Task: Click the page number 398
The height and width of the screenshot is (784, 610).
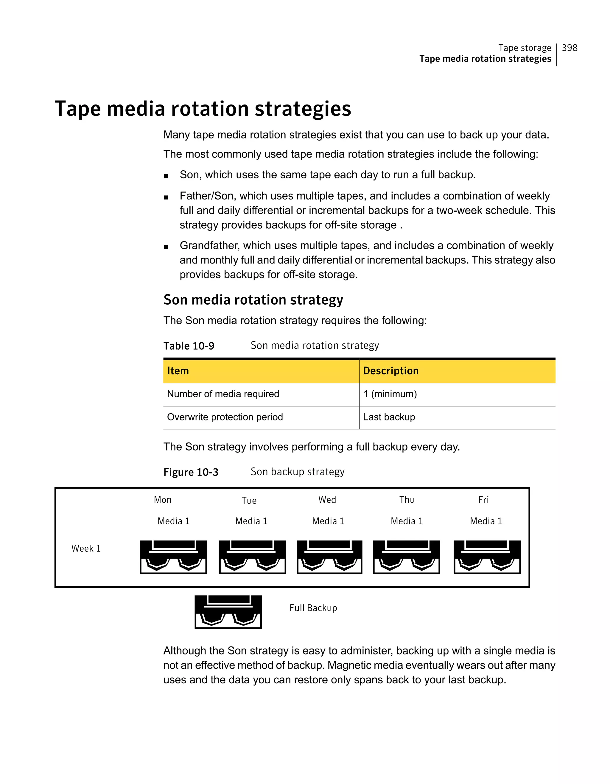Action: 569,48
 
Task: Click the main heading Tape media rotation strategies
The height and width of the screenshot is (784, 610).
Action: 203,108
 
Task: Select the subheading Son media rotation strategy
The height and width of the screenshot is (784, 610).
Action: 253,300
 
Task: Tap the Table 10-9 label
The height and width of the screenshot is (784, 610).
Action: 189,346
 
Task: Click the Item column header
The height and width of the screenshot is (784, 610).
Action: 178,371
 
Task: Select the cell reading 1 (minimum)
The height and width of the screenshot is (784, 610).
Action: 390,394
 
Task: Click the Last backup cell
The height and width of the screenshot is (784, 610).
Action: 389,417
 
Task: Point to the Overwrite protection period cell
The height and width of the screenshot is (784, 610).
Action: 225,417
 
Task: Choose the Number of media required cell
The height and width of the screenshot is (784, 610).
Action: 223,394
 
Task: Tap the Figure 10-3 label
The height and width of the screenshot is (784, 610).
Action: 191,472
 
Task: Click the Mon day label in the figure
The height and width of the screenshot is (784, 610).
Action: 163,500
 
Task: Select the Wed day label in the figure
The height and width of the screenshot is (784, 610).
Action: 327,500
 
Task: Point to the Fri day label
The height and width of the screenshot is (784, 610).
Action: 483,500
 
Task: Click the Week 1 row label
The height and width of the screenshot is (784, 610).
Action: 86,548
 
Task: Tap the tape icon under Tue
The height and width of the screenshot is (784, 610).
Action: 252,557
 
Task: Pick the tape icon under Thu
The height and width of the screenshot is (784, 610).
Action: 407,557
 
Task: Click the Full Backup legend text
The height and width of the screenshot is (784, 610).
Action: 313,608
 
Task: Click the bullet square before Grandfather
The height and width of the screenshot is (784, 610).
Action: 166,247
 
